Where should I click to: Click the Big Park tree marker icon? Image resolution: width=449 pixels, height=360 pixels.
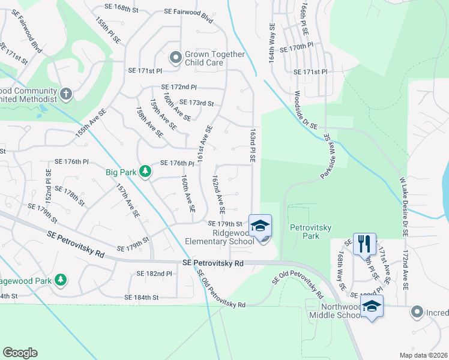pos(145,172)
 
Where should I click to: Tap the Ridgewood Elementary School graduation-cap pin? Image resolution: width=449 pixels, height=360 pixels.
pos(260,226)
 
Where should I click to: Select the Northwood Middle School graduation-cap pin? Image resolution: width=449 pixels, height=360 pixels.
pos(372,306)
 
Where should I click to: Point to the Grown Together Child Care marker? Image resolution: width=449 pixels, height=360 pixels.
pos(175,58)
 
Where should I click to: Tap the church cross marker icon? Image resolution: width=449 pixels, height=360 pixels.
pos(66,94)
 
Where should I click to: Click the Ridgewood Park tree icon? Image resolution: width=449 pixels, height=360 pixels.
pos(60,280)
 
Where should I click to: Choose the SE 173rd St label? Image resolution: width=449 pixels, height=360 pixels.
pos(197,103)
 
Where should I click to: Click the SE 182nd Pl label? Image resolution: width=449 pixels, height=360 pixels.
pos(155,274)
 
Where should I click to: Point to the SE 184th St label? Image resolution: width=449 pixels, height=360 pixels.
pos(141,297)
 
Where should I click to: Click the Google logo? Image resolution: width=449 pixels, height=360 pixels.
pos(20,353)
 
